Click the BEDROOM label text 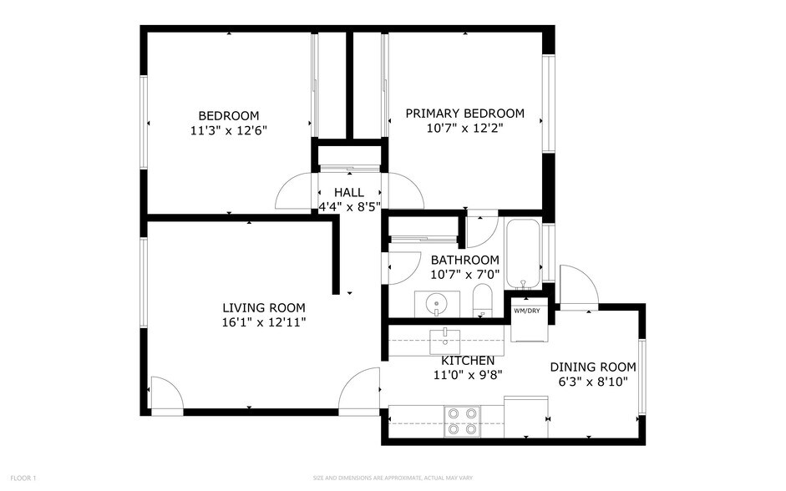click(x=228, y=115)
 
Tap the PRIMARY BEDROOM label click(x=464, y=114)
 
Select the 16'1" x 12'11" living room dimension click(x=263, y=322)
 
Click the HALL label click(x=348, y=192)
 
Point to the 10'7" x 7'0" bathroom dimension click(x=464, y=274)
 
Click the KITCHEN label click(x=468, y=361)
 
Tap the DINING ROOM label click(x=592, y=367)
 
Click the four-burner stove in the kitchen click(x=463, y=421)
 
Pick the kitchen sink click(x=446, y=340)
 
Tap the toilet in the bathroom click(x=483, y=301)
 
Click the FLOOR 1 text click(x=23, y=478)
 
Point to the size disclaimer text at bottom click(x=392, y=478)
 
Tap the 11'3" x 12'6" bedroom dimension click(x=228, y=130)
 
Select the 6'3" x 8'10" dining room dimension click(x=592, y=382)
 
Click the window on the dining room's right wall click(x=641, y=377)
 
